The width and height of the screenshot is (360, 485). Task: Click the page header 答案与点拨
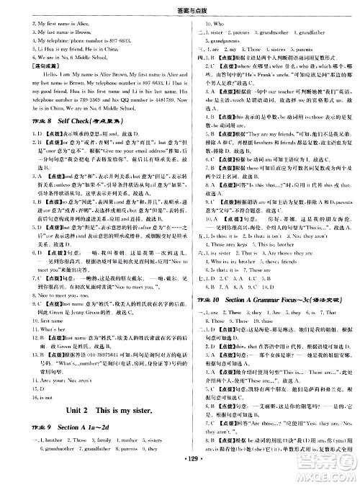pyautogui.click(x=180, y=6)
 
